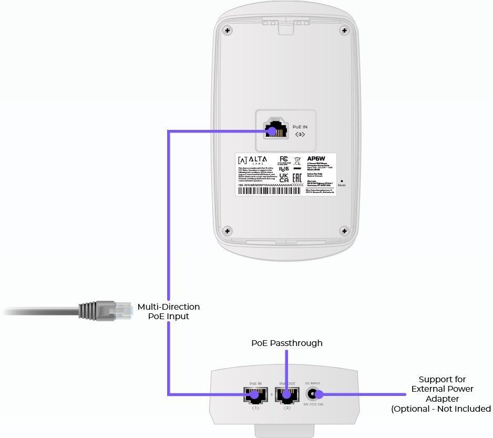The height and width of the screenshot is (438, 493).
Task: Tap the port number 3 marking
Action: pos(300,135)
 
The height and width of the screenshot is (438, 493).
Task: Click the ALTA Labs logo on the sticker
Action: pos(252,160)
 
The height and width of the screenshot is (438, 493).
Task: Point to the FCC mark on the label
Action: pos(283,159)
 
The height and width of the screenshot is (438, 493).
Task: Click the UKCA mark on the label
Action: pos(284,178)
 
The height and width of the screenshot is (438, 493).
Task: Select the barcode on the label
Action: pos(271,191)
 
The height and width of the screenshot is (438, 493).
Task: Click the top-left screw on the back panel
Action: pos(227,30)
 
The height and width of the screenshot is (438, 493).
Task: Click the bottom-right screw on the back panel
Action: pos(344,230)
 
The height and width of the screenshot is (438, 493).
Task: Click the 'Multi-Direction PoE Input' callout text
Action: pos(168,311)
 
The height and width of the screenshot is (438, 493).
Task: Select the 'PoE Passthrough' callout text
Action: pos(287,343)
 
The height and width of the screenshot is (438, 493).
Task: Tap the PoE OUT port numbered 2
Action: pos(286,395)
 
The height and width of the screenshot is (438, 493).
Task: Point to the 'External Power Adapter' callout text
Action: pos(442,394)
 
